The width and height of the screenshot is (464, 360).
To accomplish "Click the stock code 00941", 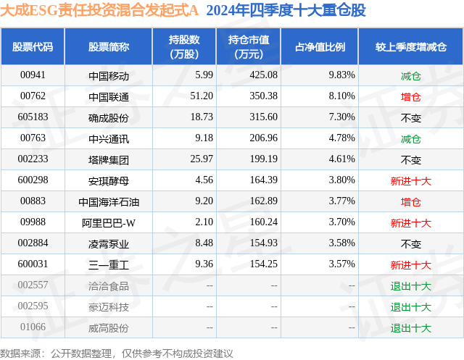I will (x=33, y=75).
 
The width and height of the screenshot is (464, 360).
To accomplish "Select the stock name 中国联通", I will (x=109, y=96).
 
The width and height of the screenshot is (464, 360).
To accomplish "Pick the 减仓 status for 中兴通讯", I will (x=410, y=138).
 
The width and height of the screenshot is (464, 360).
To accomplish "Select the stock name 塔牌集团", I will (x=109, y=159).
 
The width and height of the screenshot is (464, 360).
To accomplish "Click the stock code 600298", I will (x=33, y=180).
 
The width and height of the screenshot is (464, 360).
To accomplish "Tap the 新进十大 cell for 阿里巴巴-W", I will (x=410, y=222).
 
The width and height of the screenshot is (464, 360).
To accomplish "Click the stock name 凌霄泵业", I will (x=109, y=243).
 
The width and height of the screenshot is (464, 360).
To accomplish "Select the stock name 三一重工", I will (x=109, y=264).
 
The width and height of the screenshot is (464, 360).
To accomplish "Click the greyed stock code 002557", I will (x=33, y=285).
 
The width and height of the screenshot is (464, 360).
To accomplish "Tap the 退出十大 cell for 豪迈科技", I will (x=410, y=306).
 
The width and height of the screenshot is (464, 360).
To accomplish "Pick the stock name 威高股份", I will (x=109, y=327).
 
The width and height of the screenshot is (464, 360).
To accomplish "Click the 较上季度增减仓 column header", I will (x=410, y=47).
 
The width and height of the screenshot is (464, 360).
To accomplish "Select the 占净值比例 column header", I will (x=320, y=47).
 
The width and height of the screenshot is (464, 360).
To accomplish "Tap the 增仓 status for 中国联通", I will (x=410, y=96).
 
